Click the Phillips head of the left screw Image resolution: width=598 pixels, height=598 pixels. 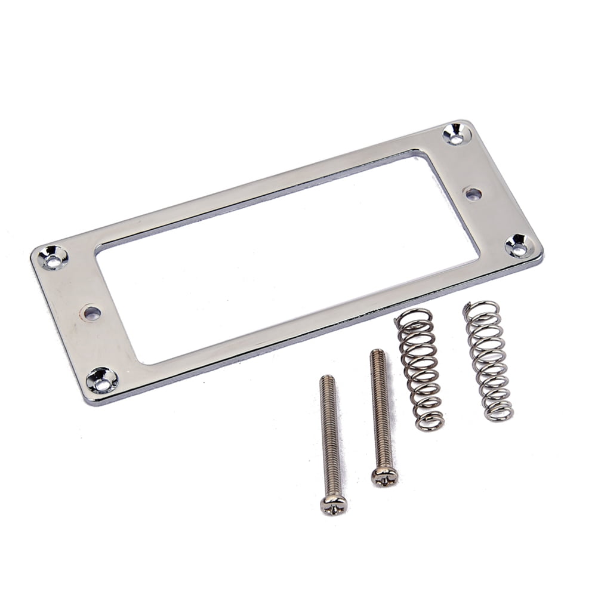click(333, 504)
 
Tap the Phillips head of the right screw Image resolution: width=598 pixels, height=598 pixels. click(384, 476)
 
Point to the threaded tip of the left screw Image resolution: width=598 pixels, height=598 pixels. click(326, 380)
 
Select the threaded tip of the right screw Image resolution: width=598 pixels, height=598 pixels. click(377, 353)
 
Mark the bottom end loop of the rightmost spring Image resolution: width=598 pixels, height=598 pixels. click(499, 412)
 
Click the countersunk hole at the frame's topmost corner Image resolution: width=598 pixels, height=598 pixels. click(457, 134)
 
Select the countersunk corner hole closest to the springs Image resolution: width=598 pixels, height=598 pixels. click(519, 245)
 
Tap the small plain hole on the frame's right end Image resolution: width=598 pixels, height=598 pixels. click(473, 193)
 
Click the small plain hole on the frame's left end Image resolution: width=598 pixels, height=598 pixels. click(91, 312)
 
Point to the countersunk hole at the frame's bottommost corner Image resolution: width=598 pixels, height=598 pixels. click(102, 380)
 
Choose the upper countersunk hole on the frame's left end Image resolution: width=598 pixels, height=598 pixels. click(53, 257)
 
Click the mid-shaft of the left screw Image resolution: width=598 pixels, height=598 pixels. click(329, 436)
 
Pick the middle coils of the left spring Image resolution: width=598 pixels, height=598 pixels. click(420, 370)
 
